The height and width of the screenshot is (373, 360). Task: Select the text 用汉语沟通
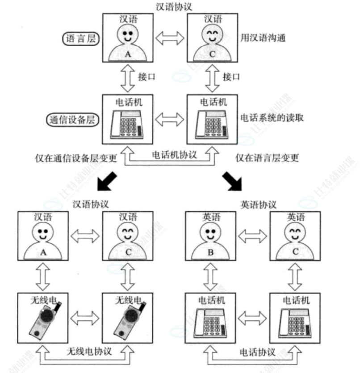point(263,38)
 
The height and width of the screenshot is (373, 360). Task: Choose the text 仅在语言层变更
point(267,158)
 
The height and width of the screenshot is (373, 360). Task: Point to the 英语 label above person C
point(295,217)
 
